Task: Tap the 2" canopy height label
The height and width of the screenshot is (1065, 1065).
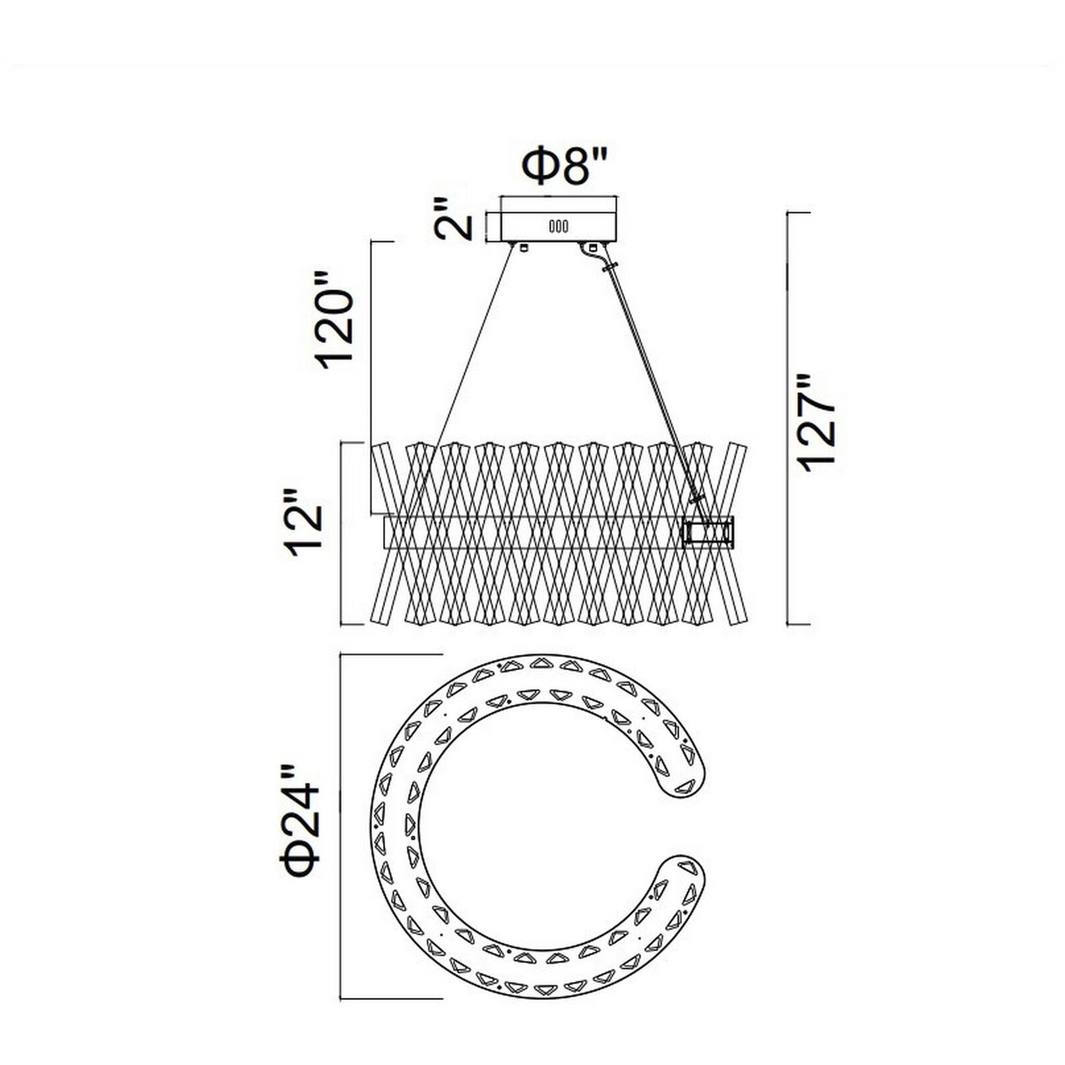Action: pyautogui.click(x=455, y=218)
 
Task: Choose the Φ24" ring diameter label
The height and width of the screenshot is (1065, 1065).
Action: pyautogui.click(x=301, y=828)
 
